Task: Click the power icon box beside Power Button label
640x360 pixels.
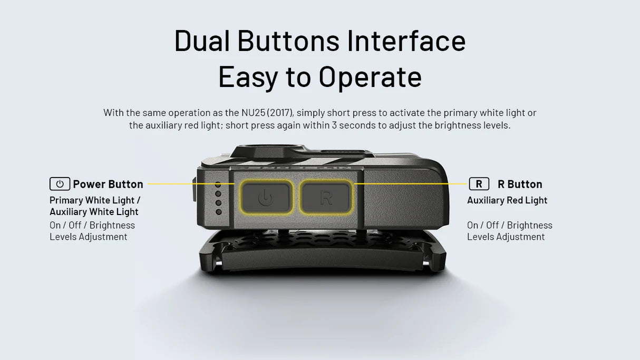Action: click(x=60, y=184)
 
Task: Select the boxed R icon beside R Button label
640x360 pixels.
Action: click(x=479, y=184)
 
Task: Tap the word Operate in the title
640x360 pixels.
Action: click(x=370, y=76)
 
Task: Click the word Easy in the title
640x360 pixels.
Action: click(x=248, y=76)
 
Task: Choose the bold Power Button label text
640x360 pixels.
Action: click(x=108, y=184)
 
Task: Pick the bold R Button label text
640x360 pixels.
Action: click(x=520, y=184)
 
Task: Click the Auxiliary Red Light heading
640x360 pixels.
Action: click(x=507, y=200)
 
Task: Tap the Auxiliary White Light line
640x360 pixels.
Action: click(x=94, y=212)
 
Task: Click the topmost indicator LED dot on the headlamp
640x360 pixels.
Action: click(x=218, y=185)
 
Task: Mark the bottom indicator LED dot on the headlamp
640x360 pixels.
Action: click(x=218, y=212)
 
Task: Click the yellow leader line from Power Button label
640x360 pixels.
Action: click(x=190, y=184)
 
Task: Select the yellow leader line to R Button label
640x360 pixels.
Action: click(x=411, y=184)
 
